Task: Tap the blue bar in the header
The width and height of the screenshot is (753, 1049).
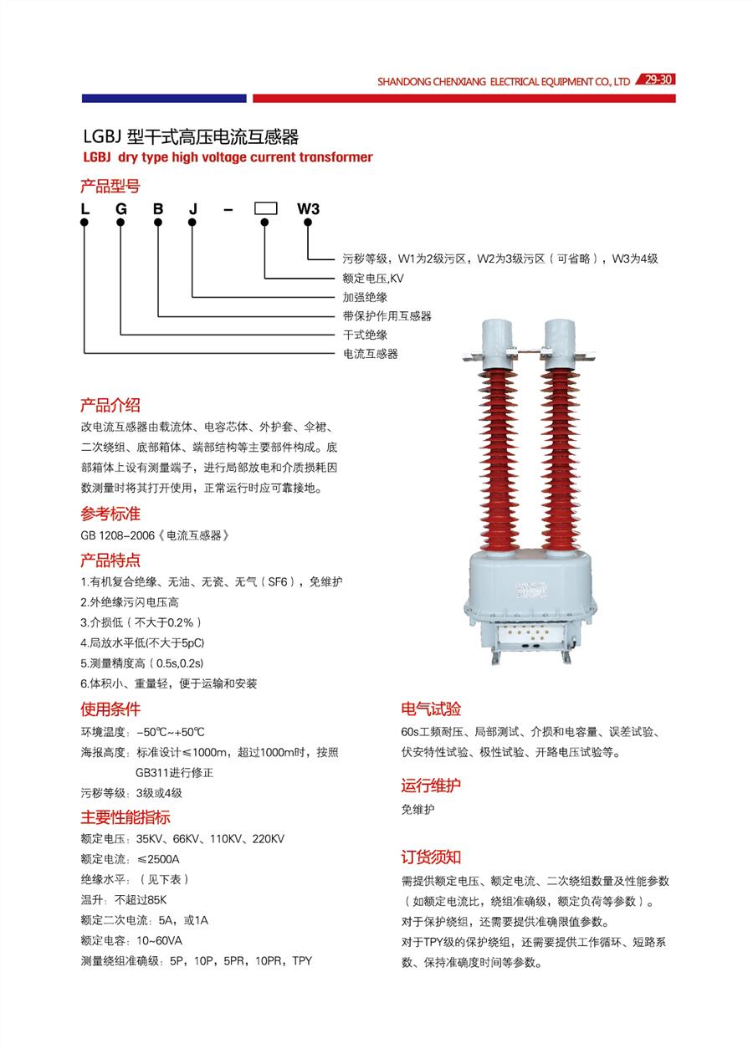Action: tap(164, 98)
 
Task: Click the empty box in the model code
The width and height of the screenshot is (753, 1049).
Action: tap(265, 208)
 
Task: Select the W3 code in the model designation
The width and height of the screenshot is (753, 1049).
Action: tap(308, 209)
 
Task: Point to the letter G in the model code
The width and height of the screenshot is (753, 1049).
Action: tap(121, 209)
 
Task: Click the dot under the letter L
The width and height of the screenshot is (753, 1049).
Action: tap(85, 223)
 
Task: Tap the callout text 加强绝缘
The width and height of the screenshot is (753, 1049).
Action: tap(365, 297)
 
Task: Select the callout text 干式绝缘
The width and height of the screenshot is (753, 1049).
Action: tap(365, 335)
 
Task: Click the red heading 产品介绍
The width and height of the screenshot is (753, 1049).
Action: tap(110, 405)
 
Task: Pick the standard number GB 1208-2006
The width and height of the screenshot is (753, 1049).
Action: tap(117, 535)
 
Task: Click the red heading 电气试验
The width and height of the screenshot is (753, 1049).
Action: tap(431, 709)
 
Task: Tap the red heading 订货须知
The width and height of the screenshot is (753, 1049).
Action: tap(431, 857)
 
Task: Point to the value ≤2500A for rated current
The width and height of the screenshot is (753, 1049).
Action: tap(158, 859)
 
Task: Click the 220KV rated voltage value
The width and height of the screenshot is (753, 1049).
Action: tap(269, 839)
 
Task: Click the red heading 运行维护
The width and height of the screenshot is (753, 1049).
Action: tap(431, 785)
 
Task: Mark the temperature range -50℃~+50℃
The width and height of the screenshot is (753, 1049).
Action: tap(171, 732)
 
